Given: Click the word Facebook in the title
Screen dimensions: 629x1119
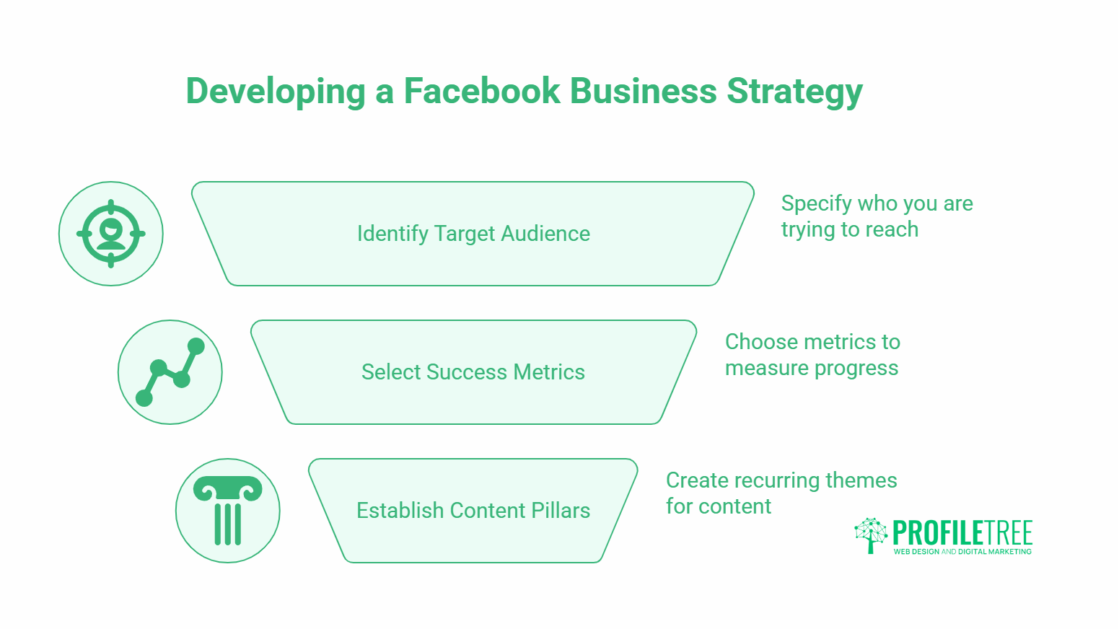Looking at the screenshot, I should point(481,91).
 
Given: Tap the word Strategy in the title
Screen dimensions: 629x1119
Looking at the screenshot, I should point(794,92).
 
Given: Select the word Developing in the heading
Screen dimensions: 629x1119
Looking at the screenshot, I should point(276,92).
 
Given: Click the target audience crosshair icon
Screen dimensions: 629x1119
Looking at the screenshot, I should point(111,234).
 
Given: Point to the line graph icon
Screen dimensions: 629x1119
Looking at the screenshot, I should point(170,372).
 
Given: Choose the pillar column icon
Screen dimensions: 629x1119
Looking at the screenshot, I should point(228,511).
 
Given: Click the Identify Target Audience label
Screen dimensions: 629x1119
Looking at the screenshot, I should point(473,234).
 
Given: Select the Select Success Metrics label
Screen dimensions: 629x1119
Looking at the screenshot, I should point(473,372).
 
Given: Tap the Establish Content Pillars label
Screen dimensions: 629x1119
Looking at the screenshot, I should point(473,511).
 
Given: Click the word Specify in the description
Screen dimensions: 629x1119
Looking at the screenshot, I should point(815,204).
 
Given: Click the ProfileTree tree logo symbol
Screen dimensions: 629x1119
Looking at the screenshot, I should point(871,535).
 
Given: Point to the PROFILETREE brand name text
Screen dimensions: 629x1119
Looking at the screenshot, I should point(962,533).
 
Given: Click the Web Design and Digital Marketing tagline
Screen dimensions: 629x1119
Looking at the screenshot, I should point(962,552).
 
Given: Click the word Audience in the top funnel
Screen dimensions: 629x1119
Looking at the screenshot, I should point(545,234).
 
